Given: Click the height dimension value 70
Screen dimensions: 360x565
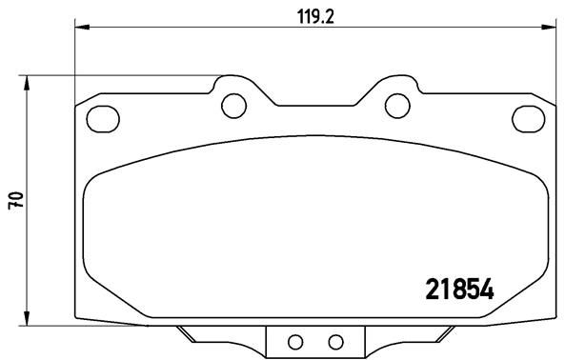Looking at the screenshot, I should [x=14, y=201].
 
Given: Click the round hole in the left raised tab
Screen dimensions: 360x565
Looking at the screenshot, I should [x=231, y=103].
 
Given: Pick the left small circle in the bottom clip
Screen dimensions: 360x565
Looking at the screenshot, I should [x=294, y=342].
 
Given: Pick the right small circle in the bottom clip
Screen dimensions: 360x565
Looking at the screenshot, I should [x=333, y=342].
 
